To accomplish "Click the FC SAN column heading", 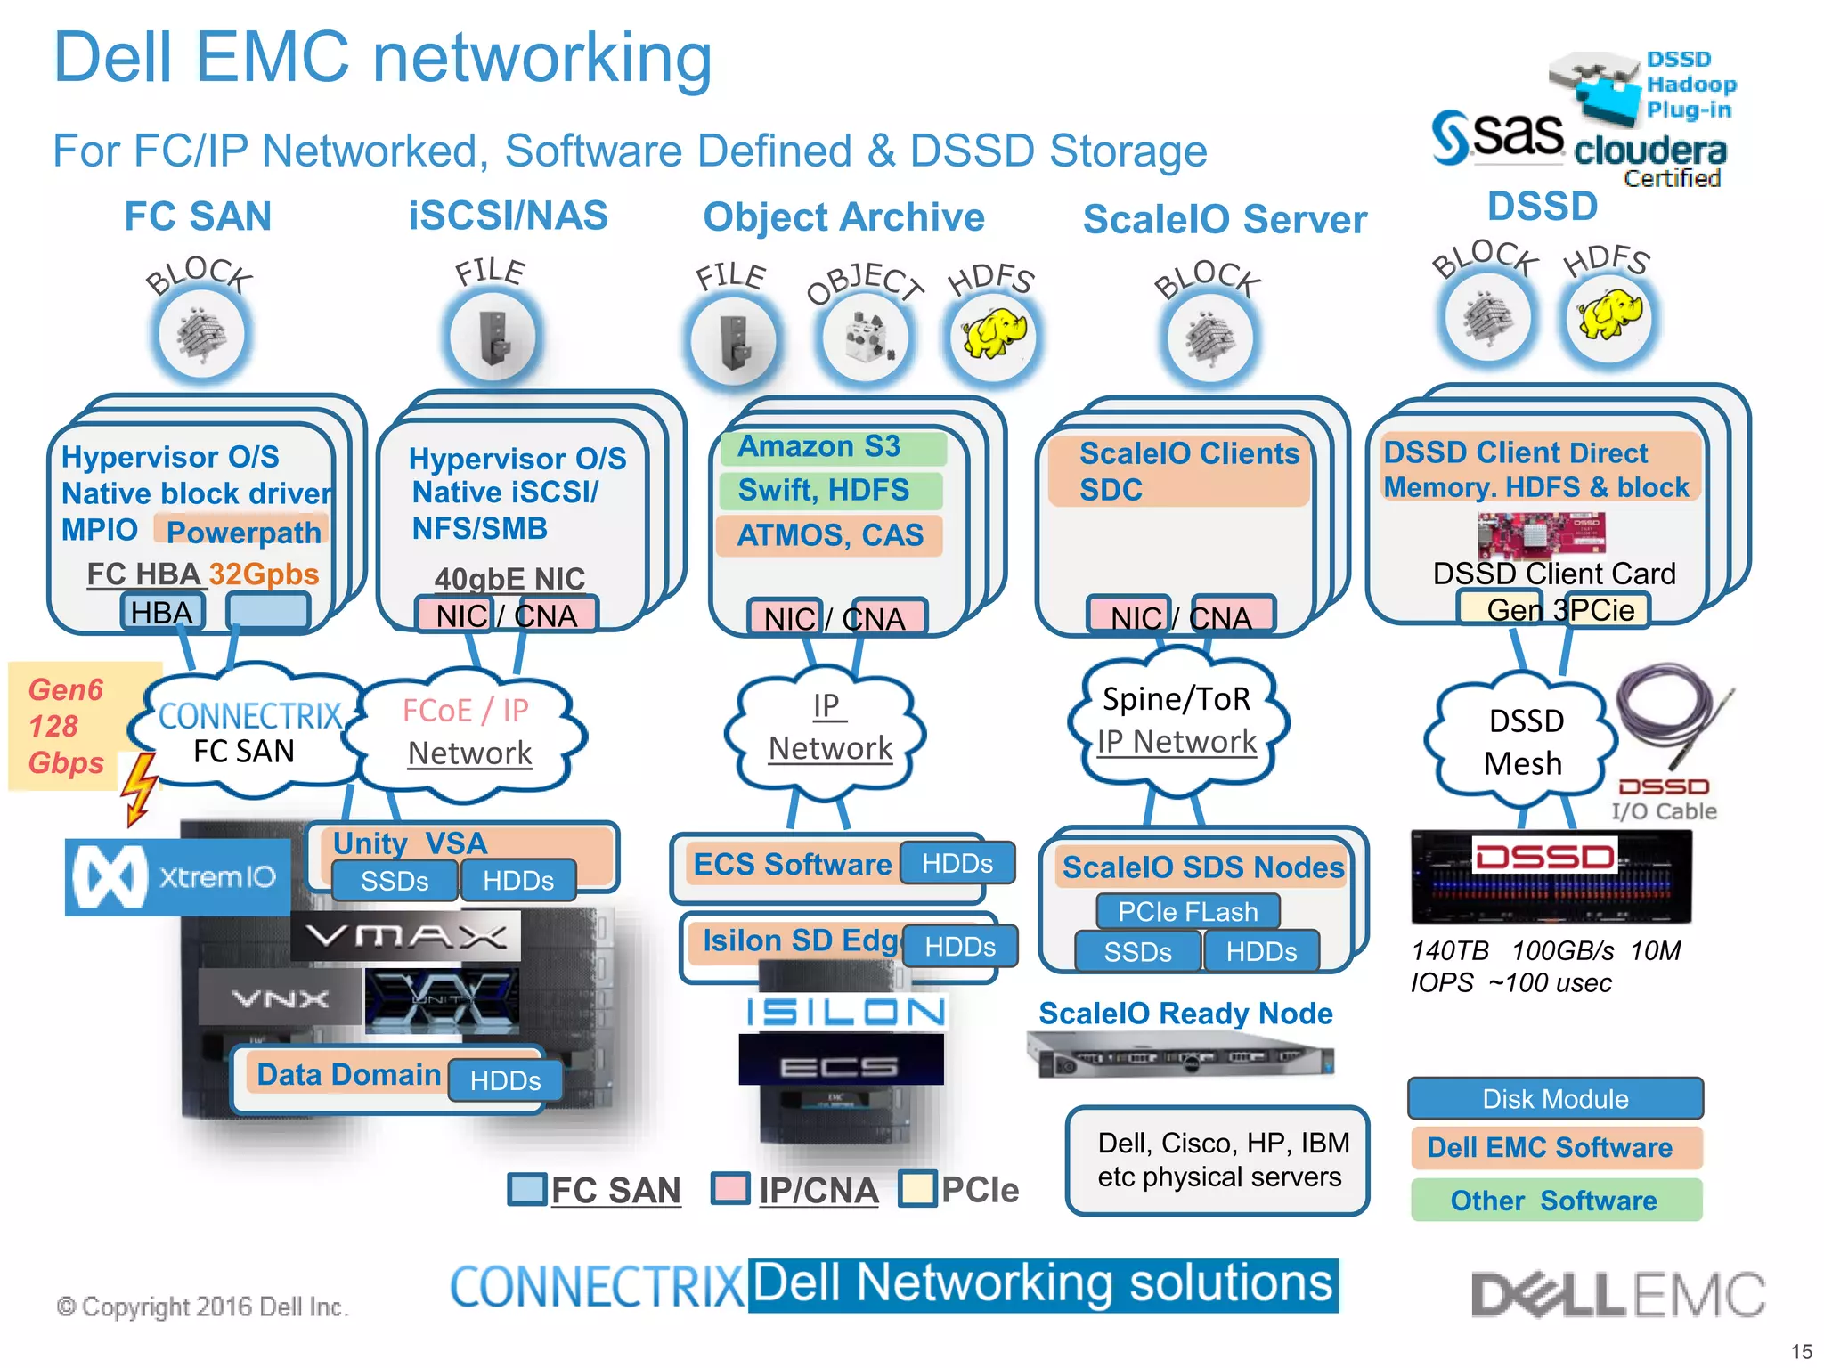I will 198,216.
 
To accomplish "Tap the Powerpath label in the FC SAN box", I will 242,532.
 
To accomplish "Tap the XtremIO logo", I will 177,877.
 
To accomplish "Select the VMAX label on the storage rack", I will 405,936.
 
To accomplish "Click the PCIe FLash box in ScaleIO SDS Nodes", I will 1187,912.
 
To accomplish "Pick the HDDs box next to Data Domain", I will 505,1080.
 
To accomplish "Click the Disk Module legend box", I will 1555,1099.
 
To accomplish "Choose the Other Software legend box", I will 1555,1201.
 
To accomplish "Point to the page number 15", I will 1801,1351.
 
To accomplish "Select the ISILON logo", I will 845,1013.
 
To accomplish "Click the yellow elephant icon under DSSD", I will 1608,318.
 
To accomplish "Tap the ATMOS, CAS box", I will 829,535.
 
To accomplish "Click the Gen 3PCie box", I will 1554,610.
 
